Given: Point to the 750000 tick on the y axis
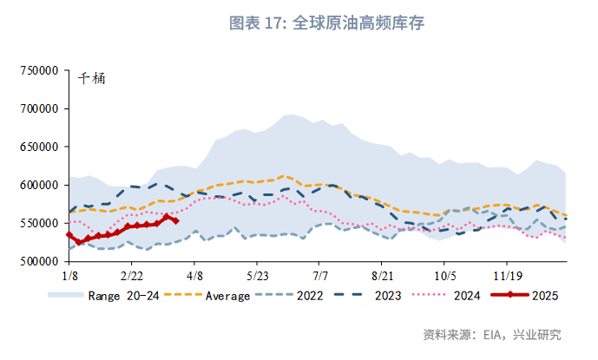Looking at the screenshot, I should (38, 71).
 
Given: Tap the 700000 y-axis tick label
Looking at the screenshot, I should (38, 109).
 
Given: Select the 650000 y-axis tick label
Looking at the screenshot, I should (38, 147).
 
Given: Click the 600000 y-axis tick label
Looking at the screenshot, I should (38, 186).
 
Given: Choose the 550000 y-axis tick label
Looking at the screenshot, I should (38, 223).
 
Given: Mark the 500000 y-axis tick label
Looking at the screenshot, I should (38, 261).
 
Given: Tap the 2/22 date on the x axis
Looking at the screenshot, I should (131, 276).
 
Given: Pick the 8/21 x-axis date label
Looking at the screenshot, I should (382, 276).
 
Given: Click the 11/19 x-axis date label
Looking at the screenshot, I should (507, 276).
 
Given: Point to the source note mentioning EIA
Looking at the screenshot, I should (491, 335).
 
